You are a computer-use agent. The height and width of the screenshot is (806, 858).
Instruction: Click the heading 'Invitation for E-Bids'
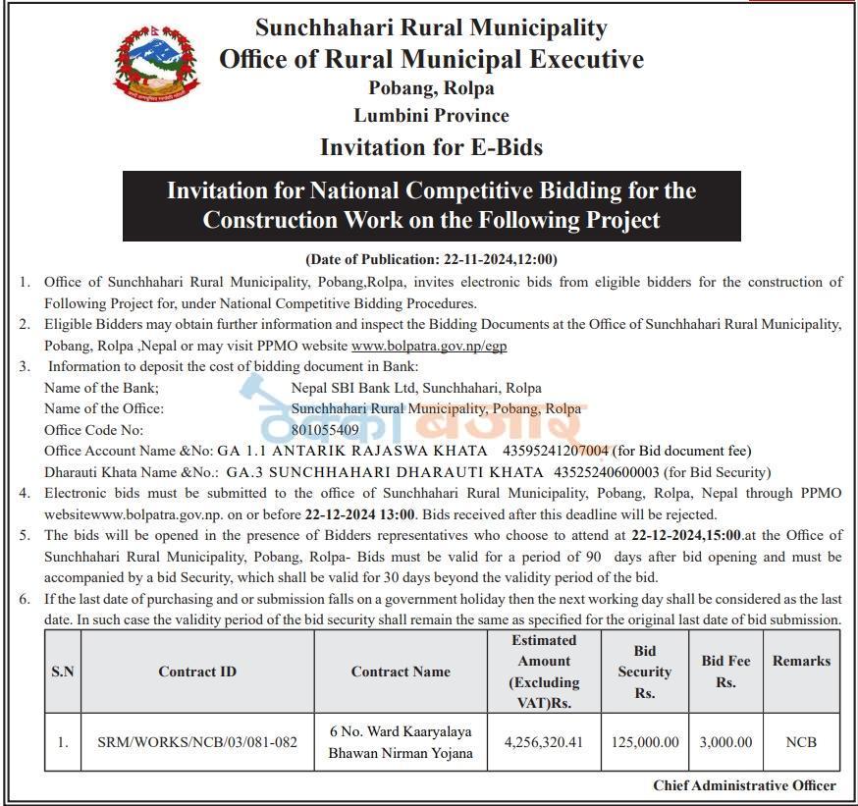[x=431, y=147]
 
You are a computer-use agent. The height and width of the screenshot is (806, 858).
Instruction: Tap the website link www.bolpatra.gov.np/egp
[x=429, y=346]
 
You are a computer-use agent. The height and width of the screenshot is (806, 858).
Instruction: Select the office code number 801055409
[x=325, y=430]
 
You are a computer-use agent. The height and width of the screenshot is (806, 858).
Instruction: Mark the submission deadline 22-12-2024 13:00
[x=360, y=514]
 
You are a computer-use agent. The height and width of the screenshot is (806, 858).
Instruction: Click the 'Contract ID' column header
[x=197, y=672]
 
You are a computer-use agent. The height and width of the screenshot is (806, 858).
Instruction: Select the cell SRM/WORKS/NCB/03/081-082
[x=197, y=742]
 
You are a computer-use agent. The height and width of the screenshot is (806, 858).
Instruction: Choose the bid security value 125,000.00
[x=644, y=742]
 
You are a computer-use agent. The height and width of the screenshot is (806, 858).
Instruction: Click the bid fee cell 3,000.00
[x=725, y=742]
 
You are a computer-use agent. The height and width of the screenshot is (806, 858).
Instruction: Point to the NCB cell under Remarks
[x=801, y=742]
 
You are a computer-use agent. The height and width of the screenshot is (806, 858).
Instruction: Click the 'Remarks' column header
[x=801, y=661]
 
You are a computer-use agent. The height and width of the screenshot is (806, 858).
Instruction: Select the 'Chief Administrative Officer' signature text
[x=744, y=785]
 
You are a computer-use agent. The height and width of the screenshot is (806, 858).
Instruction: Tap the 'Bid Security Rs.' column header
[x=644, y=672]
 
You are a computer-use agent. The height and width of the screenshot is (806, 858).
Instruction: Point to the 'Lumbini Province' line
[x=431, y=116]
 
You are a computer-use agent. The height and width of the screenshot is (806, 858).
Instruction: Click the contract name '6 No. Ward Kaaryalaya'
[x=401, y=731]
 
